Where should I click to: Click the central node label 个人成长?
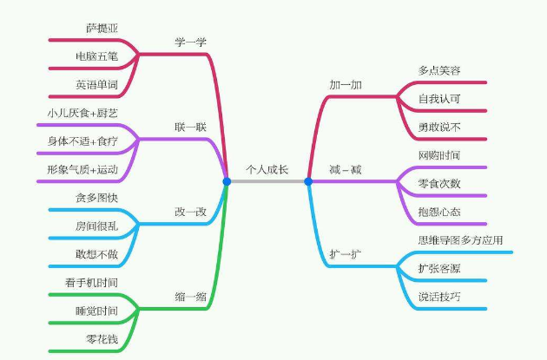point(267,169)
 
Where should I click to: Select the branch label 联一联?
point(190,127)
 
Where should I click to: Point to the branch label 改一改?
point(190,212)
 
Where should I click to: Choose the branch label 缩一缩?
point(190,297)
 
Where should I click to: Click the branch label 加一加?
point(344,84)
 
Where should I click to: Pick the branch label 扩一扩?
point(344,254)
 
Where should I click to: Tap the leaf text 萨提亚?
point(102,29)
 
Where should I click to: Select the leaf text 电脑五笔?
point(96,56)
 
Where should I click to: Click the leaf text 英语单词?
point(96,85)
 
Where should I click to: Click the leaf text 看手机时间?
point(90,282)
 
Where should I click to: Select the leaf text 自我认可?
point(438,98)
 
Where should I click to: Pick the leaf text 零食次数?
point(438,183)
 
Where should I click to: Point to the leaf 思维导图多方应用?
point(460,239)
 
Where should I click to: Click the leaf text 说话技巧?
point(438,297)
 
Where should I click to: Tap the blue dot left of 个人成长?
point(227,181)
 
